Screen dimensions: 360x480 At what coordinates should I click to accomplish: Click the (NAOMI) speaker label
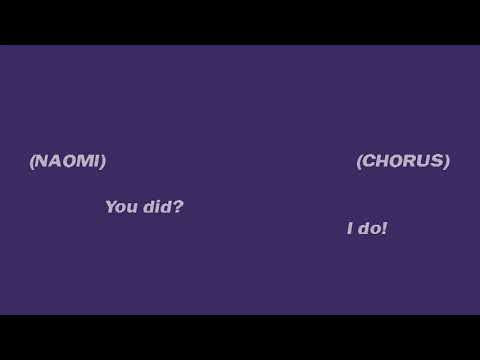[67, 161]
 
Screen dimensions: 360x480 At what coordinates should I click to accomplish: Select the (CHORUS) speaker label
[403, 161]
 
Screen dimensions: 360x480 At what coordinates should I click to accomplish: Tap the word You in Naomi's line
[121, 207]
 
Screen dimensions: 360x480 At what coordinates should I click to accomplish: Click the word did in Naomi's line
[156, 207]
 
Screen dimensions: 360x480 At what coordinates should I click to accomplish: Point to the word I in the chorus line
[350, 229]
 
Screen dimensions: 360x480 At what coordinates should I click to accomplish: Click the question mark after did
[178, 207]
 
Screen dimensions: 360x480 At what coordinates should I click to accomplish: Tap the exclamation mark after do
[384, 229]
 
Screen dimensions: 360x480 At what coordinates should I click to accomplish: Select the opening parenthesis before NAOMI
[32, 161]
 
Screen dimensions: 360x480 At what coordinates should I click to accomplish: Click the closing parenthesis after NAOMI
[102, 161]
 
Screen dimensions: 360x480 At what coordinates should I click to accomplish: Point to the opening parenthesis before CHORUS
[359, 161]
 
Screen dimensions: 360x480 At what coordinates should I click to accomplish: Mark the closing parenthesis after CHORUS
[446, 161]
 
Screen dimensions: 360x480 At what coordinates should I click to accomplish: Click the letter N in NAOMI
[41, 161]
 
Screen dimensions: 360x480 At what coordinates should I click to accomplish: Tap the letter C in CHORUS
[369, 161]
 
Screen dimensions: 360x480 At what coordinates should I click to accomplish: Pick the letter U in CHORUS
[424, 161]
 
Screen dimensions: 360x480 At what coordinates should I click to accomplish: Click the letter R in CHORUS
[410, 161]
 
